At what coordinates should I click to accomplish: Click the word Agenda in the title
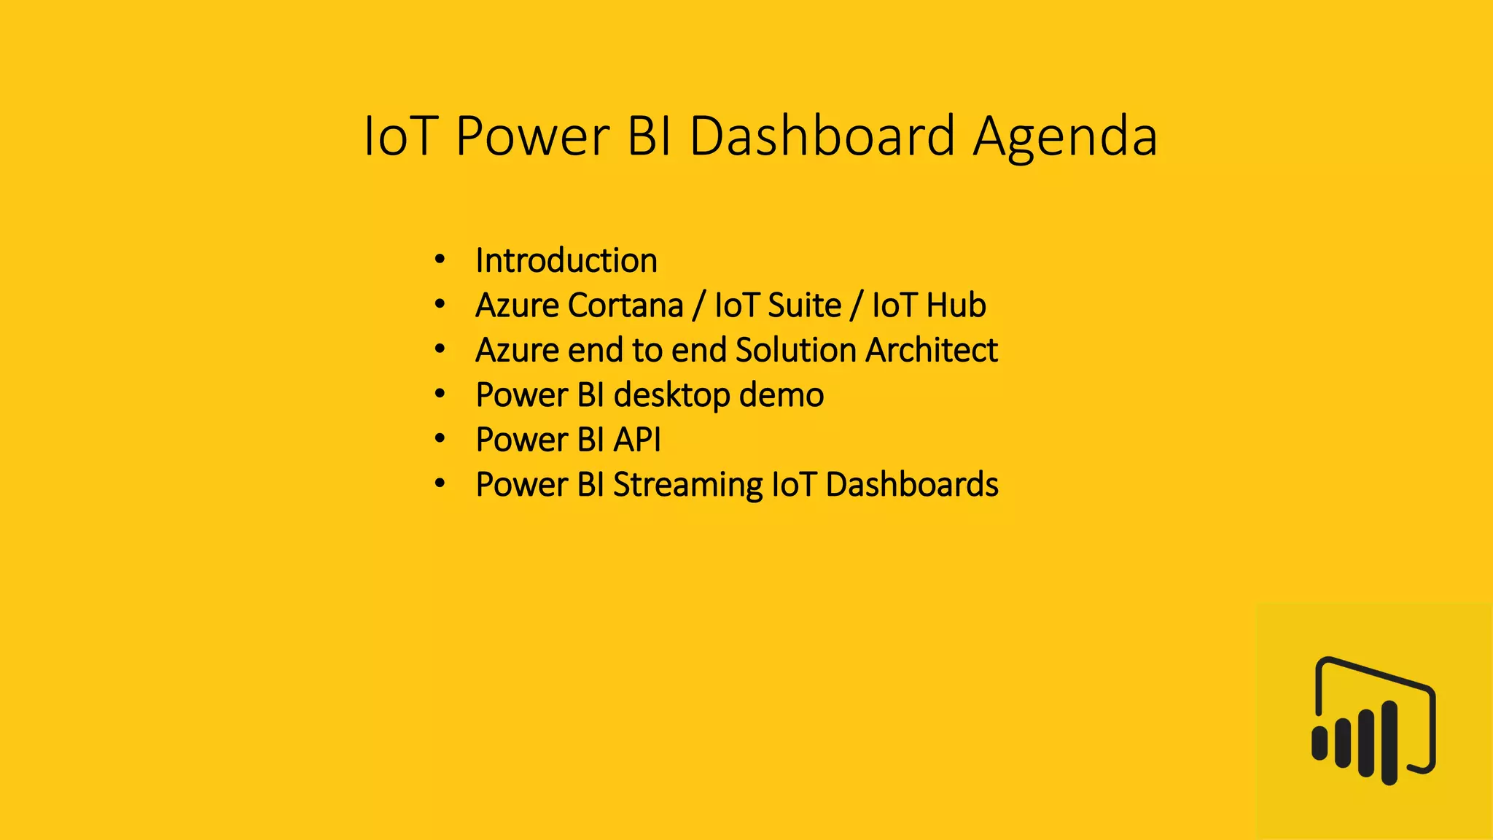click(x=1065, y=137)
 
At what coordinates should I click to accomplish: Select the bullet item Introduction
click(x=566, y=260)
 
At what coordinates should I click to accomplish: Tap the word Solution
click(x=795, y=350)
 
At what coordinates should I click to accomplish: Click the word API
click(x=636, y=440)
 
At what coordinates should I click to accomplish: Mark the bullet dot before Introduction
click(x=439, y=260)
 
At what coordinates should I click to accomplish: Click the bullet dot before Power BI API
click(x=439, y=439)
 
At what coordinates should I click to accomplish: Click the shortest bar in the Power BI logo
click(x=1319, y=743)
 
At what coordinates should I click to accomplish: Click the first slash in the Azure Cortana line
click(x=698, y=306)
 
